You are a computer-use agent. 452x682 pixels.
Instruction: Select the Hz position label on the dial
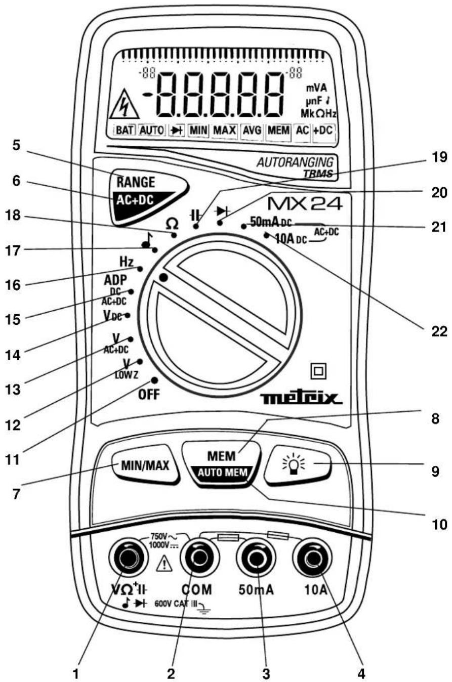(127, 262)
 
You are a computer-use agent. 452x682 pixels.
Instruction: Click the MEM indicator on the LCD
(278, 130)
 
